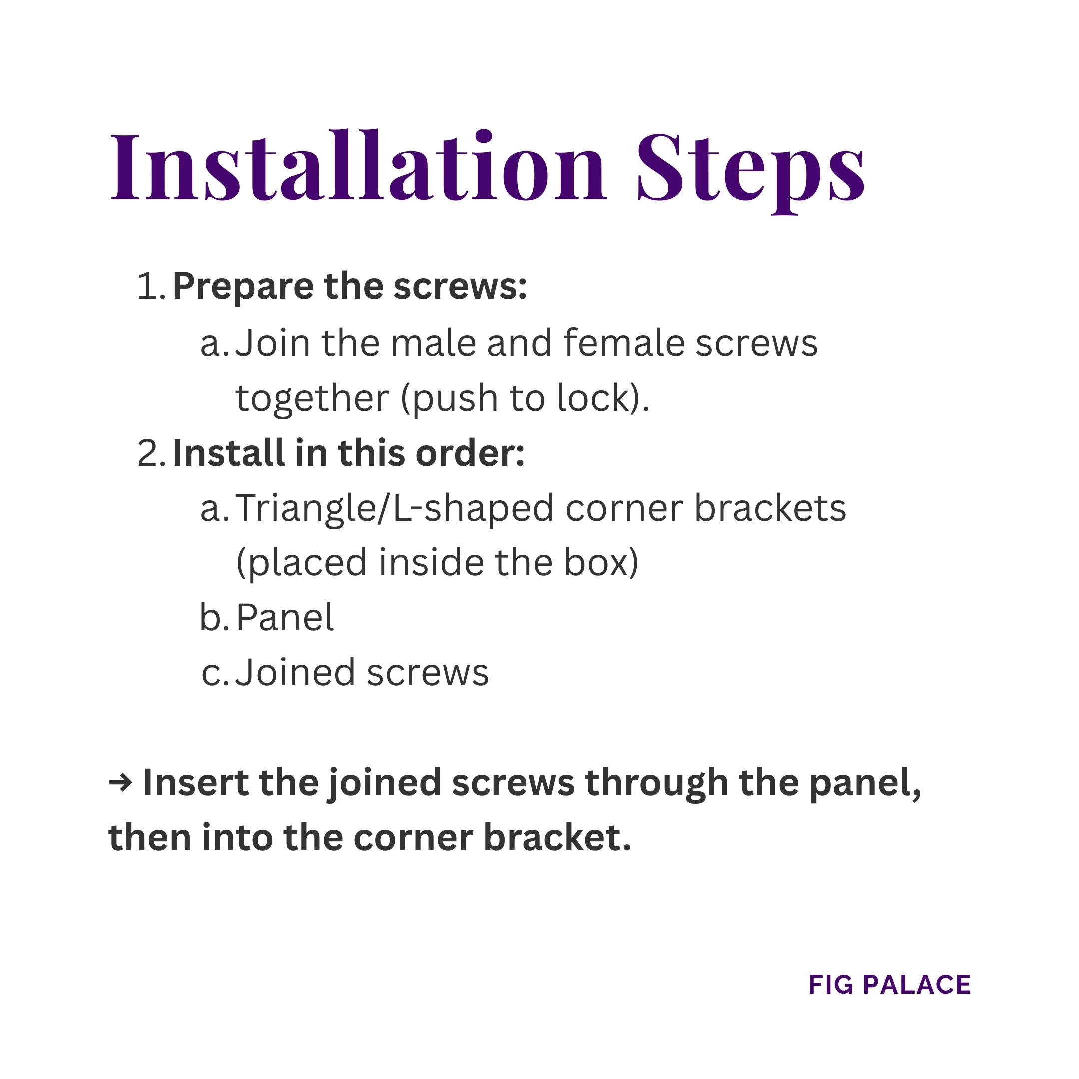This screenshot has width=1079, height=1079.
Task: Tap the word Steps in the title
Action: [x=751, y=167]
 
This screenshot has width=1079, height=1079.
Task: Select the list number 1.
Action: [x=150, y=287]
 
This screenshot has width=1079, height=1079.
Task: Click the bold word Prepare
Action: [x=242, y=287]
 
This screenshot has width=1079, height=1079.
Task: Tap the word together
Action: [x=312, y=398]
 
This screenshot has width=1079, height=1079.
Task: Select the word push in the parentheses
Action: [x=454, y=398]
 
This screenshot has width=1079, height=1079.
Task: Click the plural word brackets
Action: [x=770, y=508]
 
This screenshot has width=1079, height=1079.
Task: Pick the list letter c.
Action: [x=213, y=673]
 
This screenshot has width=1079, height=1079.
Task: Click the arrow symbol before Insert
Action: [x=120, y=783]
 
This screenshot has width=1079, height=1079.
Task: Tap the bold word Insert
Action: [x=195, y=783]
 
